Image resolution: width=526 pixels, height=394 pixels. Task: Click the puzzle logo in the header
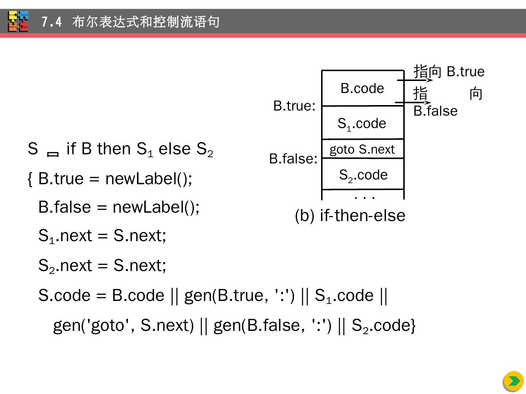click(18, 22)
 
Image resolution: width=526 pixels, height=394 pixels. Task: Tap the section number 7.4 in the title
click(52, 22)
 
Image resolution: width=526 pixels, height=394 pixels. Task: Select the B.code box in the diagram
click(362, 88)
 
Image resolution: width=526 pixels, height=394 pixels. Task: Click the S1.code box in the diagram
click(362, 123)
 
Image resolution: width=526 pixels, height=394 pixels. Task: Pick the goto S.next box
click(362, 149)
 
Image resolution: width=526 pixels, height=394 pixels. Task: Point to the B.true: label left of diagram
click(294, 106)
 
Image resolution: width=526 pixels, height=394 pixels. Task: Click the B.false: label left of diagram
click(293, 159)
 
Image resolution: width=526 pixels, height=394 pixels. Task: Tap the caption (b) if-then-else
click(350, 215)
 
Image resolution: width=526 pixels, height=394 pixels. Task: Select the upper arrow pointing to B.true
click(415, 80)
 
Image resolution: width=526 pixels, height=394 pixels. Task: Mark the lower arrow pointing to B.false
click(413, 103)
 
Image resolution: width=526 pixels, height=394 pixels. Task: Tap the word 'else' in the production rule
click(175, 149)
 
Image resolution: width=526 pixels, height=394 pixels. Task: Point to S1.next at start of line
click(65, 236)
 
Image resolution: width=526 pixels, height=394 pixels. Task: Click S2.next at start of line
click(65, 266)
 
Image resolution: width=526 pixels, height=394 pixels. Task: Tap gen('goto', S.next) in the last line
click(123, 325)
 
